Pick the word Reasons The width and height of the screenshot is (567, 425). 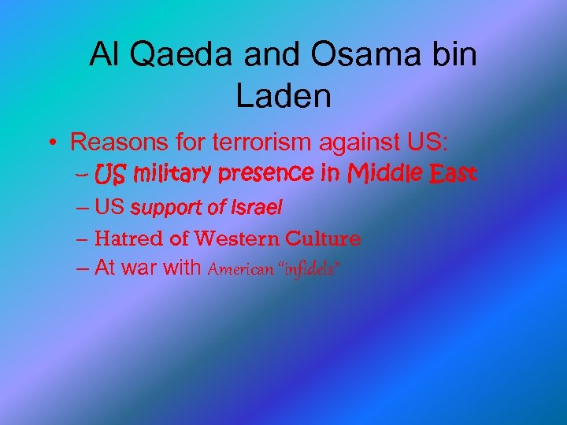click(118, 142)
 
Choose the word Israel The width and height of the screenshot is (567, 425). click(257, 208)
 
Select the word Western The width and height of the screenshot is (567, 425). click(237, 238)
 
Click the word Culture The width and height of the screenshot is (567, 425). click(324, 238)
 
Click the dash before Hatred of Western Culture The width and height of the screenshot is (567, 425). click(83, 238)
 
